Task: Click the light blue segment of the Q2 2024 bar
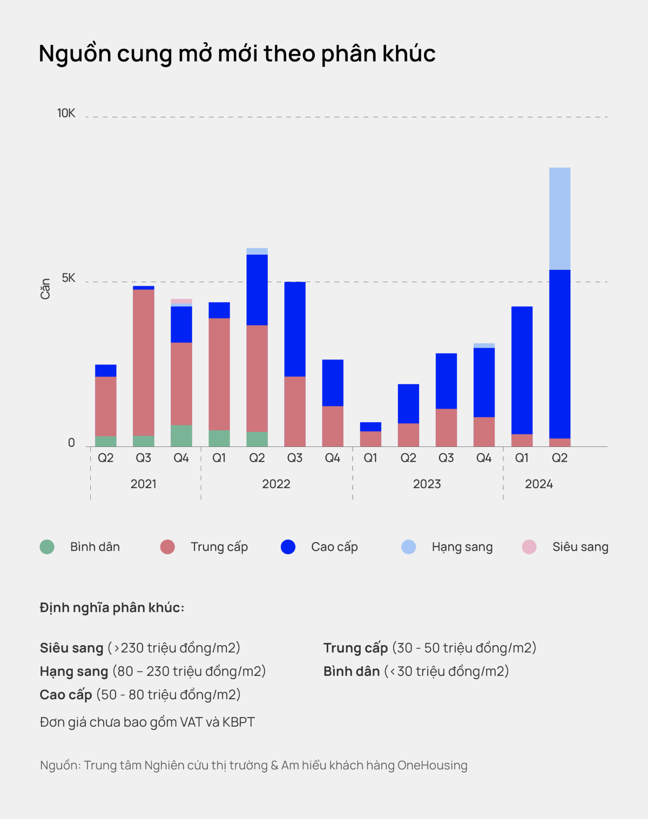559,219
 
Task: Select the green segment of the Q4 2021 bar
181,436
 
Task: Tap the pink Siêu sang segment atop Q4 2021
181,301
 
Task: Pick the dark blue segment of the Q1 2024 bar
522,370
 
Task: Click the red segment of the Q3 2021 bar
144,362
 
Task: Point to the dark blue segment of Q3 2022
295,329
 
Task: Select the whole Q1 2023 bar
370,435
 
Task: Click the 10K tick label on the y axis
66,113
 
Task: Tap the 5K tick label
69,278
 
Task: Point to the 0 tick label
71,443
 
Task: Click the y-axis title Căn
45,289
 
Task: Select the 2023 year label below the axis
427,484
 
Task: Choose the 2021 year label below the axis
144,484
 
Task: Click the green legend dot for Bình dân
47,547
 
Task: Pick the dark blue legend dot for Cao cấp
288,547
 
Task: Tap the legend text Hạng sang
462,547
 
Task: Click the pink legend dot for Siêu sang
529,547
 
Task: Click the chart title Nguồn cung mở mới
237,54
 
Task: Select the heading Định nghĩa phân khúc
112,608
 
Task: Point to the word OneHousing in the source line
432,766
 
